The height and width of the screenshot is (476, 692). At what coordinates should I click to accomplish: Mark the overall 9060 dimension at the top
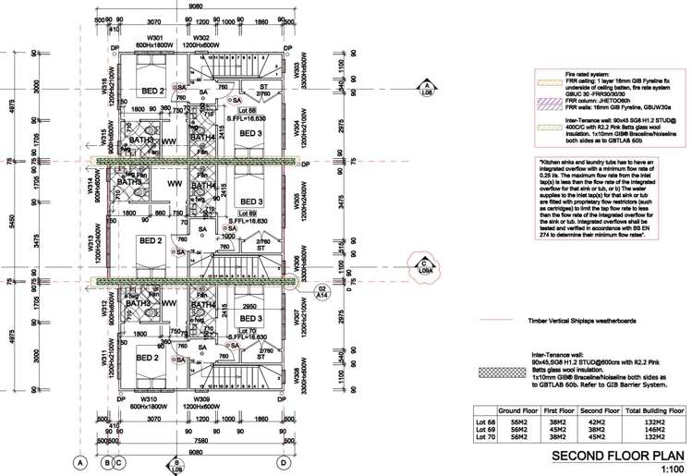coord(195,6)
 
